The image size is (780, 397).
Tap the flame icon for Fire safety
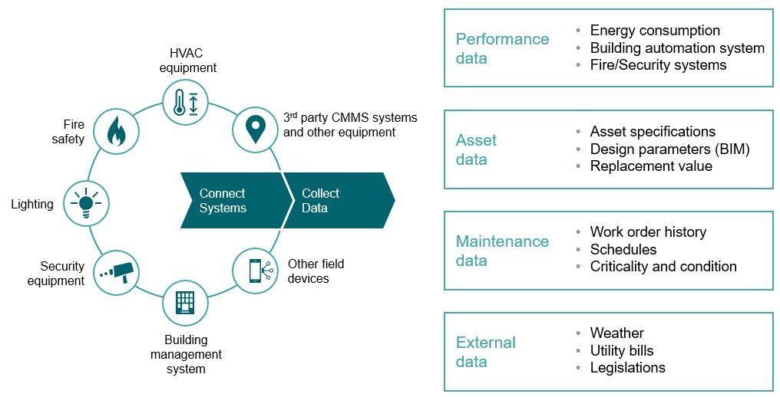(x=115, y=132)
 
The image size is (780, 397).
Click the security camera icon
(x=116, y=271)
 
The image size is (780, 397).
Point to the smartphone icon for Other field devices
(x=255, y=271)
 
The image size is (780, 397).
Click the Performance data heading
(x=502, y=48)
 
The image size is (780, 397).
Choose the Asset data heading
(x=477, y=149)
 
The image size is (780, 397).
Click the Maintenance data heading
(x=502, y=251)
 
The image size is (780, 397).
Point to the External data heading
(x=485, y=352)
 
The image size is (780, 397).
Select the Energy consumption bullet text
(x=655, y=31)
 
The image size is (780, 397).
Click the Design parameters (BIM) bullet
(x=669, y=149)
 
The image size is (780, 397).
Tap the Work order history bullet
(x=648, y=231)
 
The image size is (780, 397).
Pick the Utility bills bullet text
(x=622, y=350)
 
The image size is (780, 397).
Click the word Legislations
(x=627, y=368)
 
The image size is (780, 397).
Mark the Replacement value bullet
(x=651, y=166)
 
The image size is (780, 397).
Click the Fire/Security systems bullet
(x=658, y=65)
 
